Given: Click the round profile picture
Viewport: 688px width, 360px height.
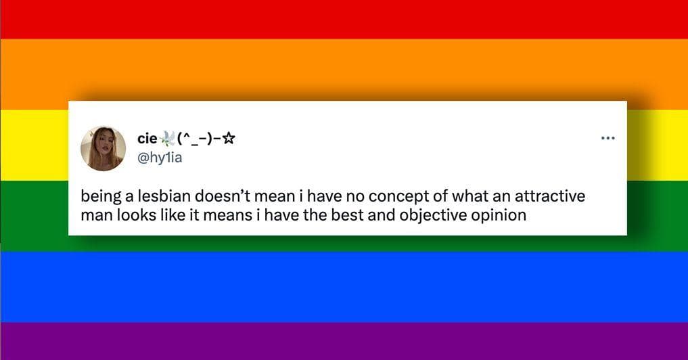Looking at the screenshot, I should [103, 148].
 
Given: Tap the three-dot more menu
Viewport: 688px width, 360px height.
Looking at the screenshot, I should [607, 139].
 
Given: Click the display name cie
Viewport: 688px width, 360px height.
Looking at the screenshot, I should [147, 139].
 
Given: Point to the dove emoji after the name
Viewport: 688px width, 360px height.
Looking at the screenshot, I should [166, 139].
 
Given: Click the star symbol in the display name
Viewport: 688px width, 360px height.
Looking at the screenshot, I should [229, 139].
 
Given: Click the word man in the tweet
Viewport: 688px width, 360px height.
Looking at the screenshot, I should [93, 216].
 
